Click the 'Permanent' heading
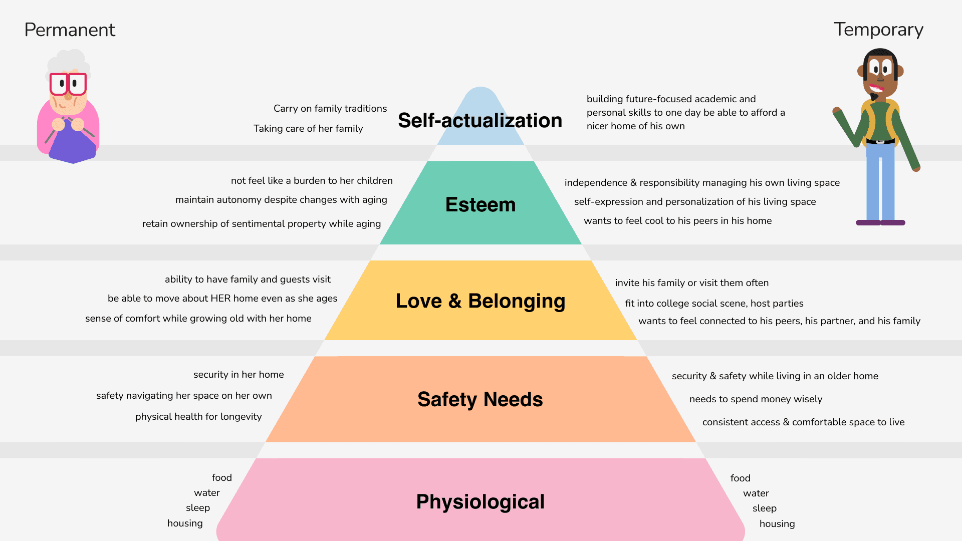70,30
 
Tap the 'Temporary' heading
878,30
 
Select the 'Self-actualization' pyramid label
480,121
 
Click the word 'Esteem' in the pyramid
480,205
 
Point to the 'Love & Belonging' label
480,301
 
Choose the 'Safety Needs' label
480,400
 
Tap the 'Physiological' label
480,502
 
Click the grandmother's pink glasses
68,84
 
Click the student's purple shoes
880,222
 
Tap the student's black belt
880,142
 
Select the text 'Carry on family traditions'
330,109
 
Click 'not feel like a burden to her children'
312,181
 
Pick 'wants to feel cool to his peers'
677,221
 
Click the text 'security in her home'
238,375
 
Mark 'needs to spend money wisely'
756,399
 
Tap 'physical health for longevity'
198,417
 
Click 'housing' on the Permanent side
185,523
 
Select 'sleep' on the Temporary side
765,508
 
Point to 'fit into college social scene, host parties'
714,304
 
